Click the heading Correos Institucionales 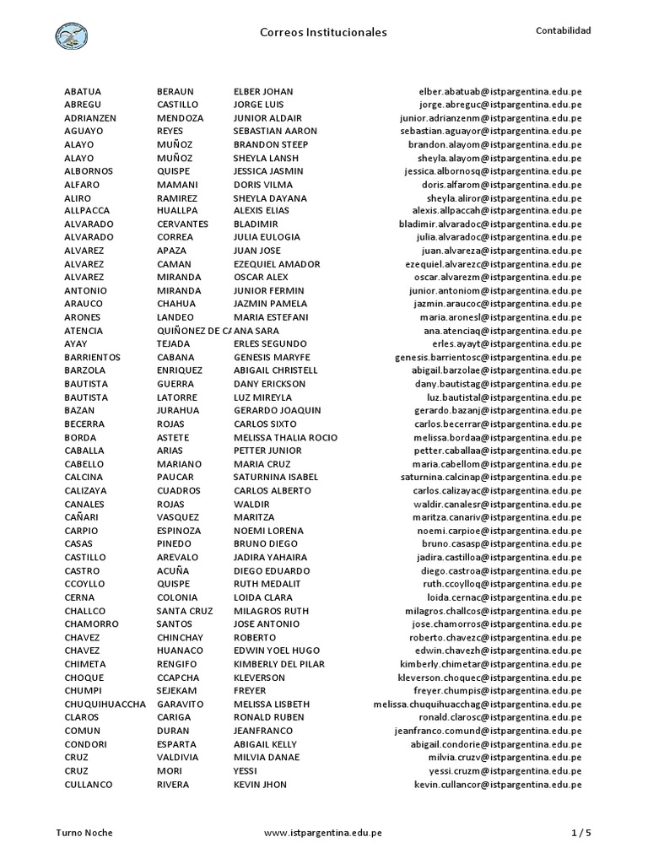coord(323,32)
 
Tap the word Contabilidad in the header coord(564,30)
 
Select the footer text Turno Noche coord(84,832)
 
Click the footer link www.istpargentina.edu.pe coord(323,832)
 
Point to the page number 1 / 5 coord(581,832)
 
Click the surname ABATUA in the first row coord(83,90)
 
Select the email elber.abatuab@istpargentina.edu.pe coord(500,90)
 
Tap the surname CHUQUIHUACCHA coord(105,704)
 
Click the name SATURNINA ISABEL coord(276,477)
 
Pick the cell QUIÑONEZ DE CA coord(194,331)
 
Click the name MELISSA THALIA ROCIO coord(285,437)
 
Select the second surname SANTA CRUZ coord(185,610)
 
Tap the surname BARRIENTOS coord(92,357)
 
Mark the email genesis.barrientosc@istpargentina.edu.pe coord(489,357)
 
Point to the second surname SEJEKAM coord(177,690)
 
